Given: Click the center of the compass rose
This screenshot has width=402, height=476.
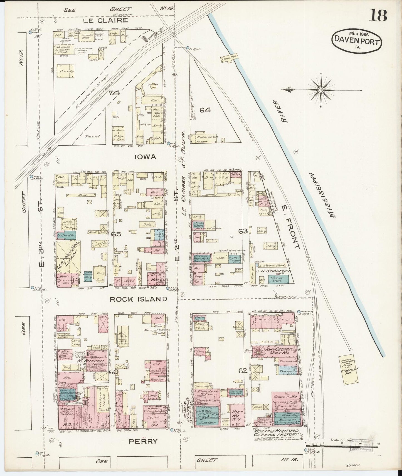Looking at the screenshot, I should pos(321,90).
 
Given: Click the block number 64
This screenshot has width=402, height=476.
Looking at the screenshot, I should pos(205,110).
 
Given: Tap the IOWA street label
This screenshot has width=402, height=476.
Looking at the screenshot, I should pos(145,157).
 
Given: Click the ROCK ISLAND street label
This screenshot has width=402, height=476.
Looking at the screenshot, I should pos(138,299).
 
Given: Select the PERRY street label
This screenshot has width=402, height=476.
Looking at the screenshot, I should pos(143,441).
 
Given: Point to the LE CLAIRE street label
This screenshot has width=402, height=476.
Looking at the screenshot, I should pos(106,20).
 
